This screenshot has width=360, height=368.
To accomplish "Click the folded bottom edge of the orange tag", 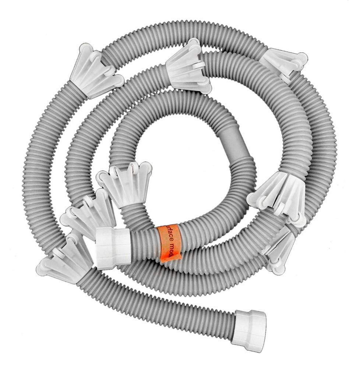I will coord(172,259).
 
